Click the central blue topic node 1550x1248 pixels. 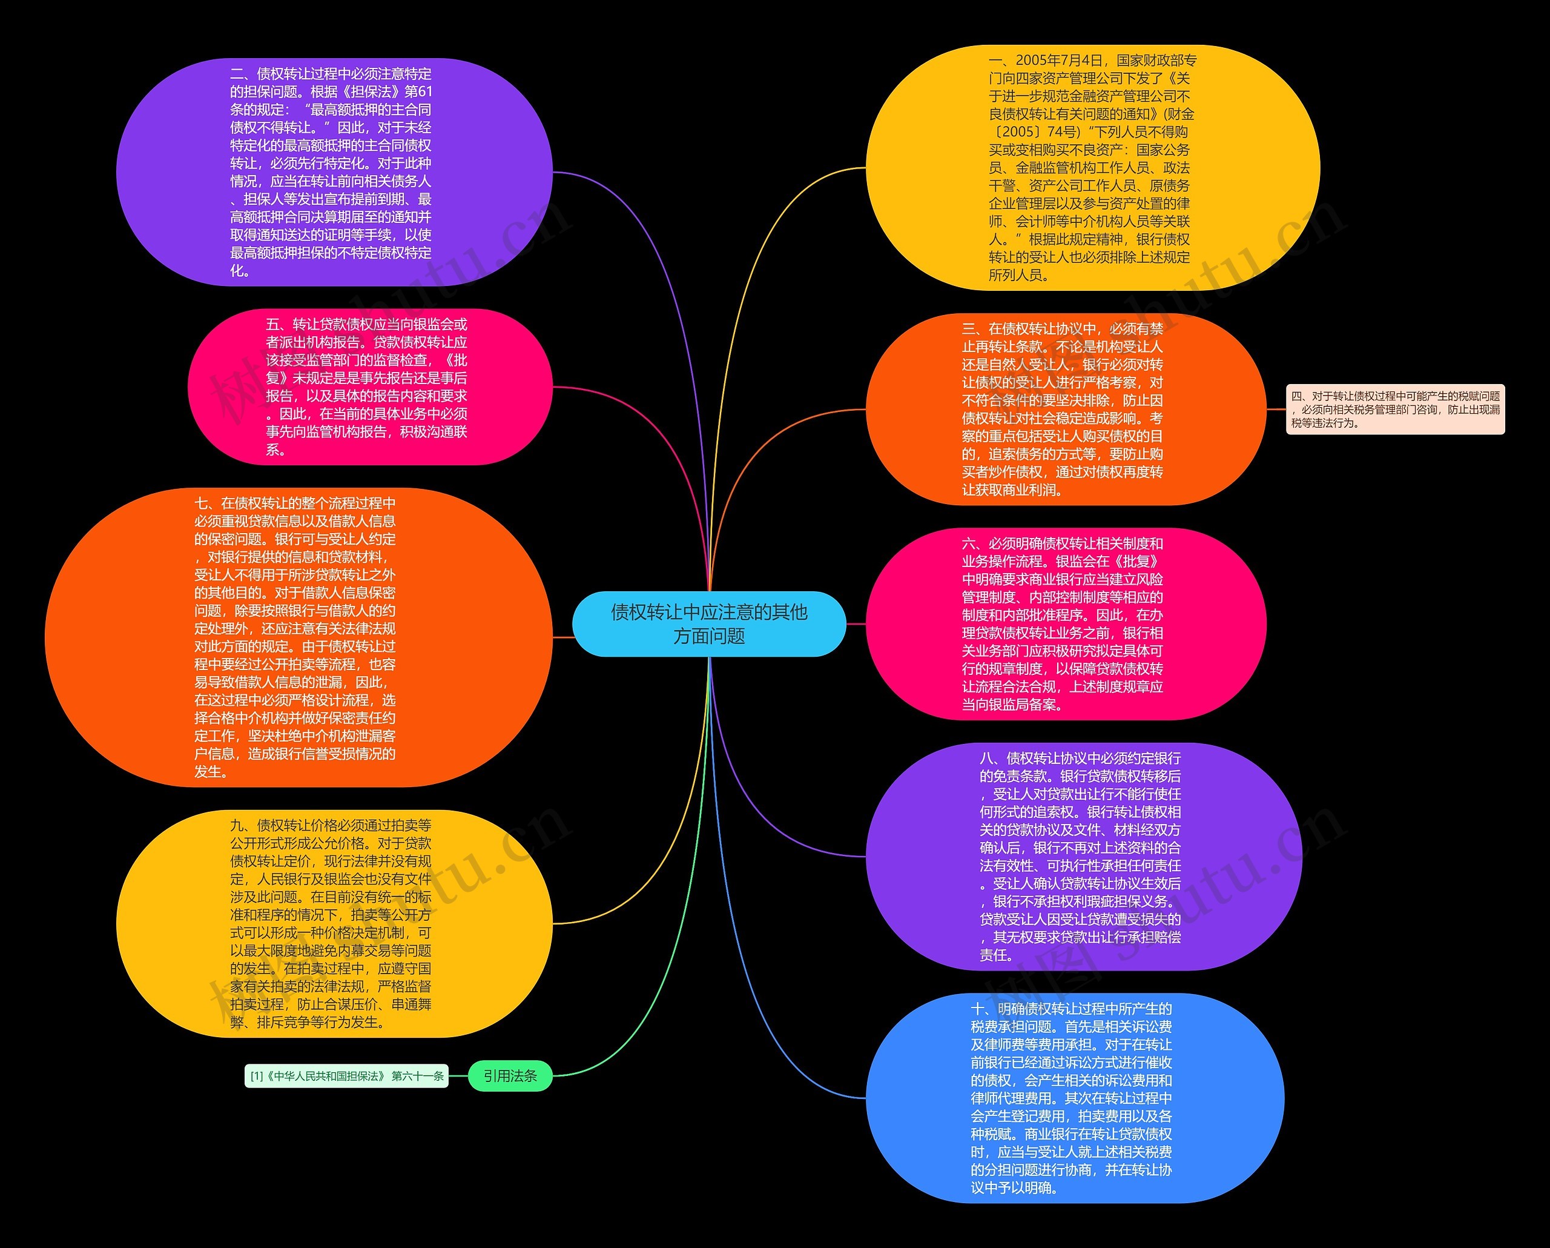(x=709, y=623)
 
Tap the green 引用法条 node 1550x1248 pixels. (x=510, y=1076)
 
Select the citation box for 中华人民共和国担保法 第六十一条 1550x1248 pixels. (x=346, y=1076)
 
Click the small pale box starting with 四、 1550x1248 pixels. (x=1395, y=410)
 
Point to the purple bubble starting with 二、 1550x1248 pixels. (x=334, y=172)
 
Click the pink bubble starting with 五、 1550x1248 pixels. (x=369, y=387)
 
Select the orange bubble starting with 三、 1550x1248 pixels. (x=1066, y=410)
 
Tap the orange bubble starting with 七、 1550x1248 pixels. (x=298, y=637)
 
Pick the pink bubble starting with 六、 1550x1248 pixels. (x=1066, y=623)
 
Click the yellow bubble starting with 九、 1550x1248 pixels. (x=334, y=924)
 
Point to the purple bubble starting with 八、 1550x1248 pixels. (x=1083, y=857)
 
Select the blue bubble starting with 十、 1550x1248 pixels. (x=1074, y=1098)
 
